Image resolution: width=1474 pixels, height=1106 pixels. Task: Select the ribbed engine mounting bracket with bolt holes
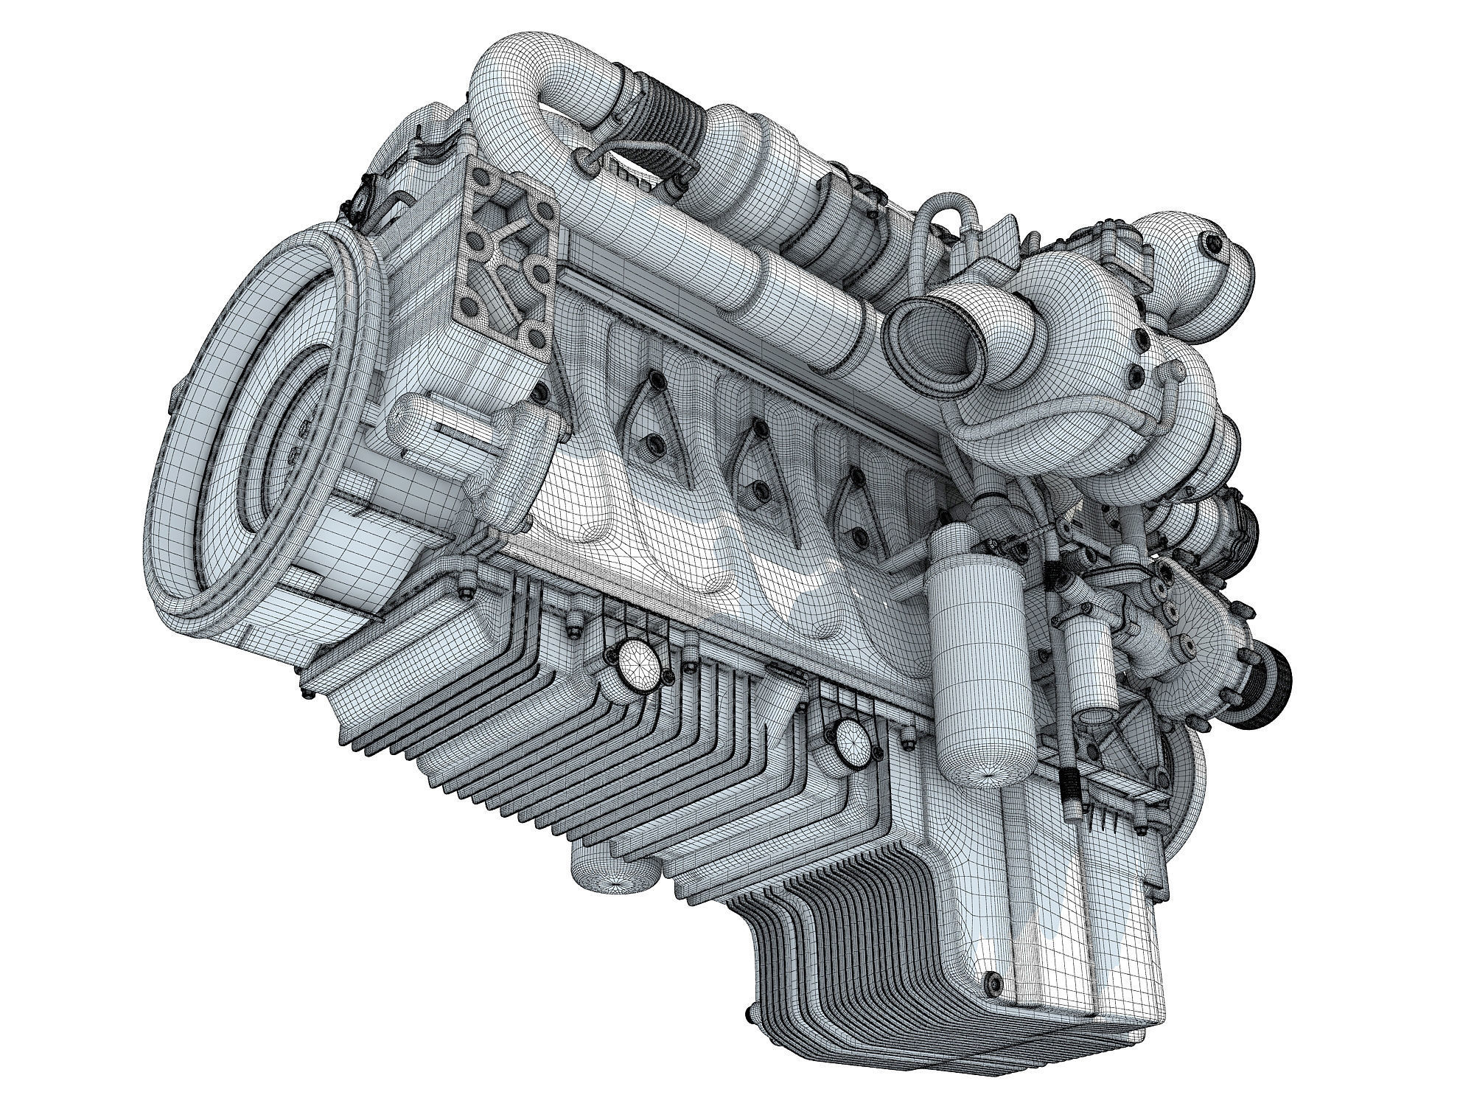click(x=509, y=251)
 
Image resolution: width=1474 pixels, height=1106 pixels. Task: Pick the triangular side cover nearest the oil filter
click(x=855, y=509)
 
